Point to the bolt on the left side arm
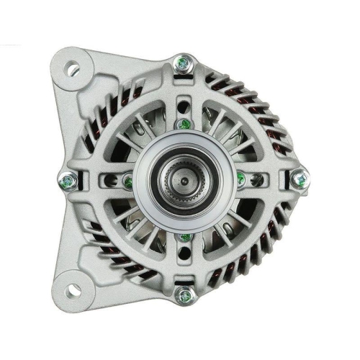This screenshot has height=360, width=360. click(x=68, y=181)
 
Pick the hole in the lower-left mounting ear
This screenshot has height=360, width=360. click(x=73, y=289)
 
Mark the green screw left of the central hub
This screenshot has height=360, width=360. click(x=127, y=180)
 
